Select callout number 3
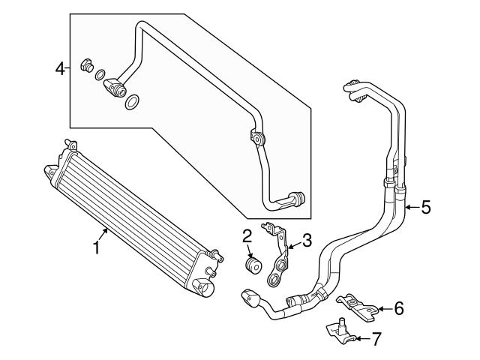click(x=306, y=241)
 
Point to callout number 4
click(x=60, y=69)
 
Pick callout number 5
click(x=425, y=207)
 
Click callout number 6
click(x=399, y=307)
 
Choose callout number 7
click(x=376, y=338)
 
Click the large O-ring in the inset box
click(x=132, y=103)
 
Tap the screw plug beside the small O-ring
click(x=85, y=65)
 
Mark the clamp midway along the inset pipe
click(x=257, y=139)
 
